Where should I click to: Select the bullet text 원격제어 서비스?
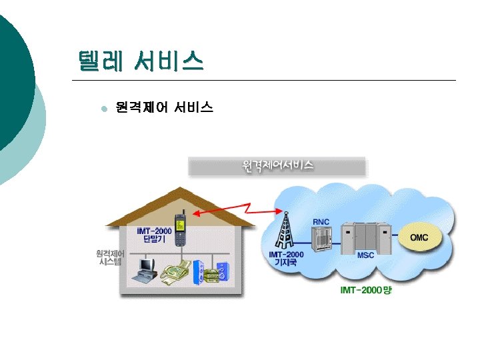click(164, 107)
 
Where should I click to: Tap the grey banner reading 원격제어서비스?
click(277, 166)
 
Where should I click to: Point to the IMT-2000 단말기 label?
click(155, 235)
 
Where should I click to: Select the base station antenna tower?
click(285, 230)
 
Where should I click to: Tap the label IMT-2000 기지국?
click(286, 258)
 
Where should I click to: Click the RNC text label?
click(321, 221)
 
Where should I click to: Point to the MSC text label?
click(366, 255)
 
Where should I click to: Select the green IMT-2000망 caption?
click(366, 291)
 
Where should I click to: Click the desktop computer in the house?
click(145, 269)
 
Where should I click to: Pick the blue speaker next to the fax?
click(197, 271)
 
